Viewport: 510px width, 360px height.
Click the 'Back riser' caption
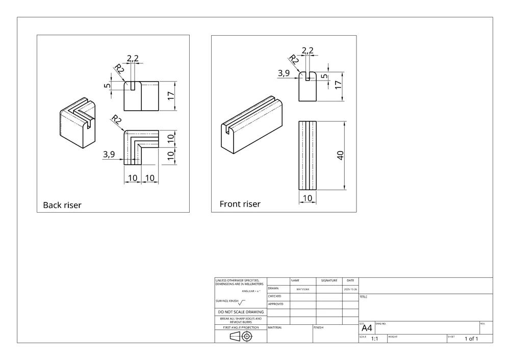(62, 205)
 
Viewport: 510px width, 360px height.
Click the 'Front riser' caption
(240, 204)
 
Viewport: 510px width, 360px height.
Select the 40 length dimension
(340, 155)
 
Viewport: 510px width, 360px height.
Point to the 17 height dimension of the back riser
(171, 95)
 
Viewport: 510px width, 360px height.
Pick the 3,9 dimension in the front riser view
(284, 73)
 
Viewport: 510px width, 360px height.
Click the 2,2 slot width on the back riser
(133, 58)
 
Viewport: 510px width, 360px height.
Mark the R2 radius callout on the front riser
(294, 60)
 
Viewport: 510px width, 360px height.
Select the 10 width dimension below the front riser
(308, 198)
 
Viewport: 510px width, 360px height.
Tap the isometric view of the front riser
(253, 125)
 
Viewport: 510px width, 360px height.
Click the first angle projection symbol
(240, 337)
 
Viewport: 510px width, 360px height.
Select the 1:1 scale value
(374, 339)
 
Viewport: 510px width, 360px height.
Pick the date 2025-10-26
(350, 289)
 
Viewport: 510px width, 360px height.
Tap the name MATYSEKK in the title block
(303, 289)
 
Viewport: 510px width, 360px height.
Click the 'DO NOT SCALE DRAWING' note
(241, 312)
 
